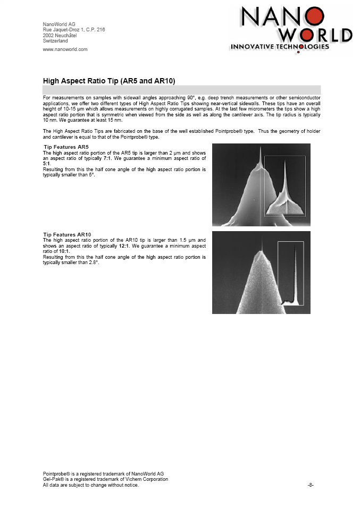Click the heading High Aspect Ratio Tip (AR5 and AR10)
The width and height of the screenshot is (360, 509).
(109, 80)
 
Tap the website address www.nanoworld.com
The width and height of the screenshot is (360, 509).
(65, 49)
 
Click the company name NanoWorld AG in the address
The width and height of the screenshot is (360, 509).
(59, 24)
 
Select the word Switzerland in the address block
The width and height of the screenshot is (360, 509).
(55, 41)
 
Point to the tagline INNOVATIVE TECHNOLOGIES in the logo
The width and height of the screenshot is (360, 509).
(280, 47)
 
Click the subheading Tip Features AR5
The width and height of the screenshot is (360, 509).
(66, 147)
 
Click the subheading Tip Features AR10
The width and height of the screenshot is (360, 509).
(67, 234)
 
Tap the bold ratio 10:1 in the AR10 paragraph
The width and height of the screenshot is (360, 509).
(64, 251)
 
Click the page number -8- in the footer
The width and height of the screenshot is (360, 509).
(311, 485)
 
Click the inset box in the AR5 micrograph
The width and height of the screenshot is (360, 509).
(285, 186)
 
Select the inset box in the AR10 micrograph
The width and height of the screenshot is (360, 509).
(290, 273)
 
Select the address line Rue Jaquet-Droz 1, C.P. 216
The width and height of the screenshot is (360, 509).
(74, 30)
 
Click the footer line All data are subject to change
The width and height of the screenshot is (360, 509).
(90, 485)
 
